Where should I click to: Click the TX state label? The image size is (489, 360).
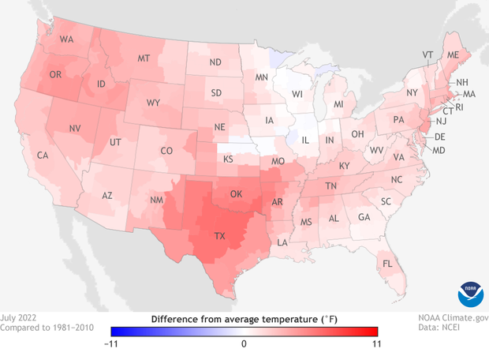click(221, 236)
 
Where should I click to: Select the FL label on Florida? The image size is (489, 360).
click(388, 263)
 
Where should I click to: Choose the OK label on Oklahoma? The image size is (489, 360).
click(235, 193)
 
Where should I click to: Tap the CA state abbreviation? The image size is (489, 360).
click(43, 156)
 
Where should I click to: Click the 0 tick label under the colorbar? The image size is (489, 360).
click(244, 343)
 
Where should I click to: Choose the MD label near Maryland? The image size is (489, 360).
click(439, 150)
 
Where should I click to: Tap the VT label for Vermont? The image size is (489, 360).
click(428, 54)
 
